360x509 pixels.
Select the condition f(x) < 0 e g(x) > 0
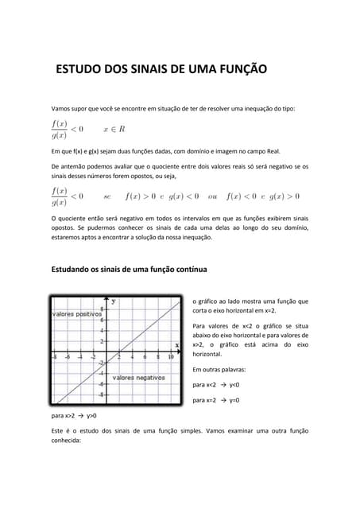tap(263, 196)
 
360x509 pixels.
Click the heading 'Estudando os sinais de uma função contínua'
tap(129, 270)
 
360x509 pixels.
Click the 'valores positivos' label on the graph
tap(77, 314)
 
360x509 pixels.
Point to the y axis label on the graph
tap(113, 301)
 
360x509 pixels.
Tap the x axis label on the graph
tap(176, 345)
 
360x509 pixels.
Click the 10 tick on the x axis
tap(170, 358)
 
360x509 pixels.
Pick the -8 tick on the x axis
tap(54, 358)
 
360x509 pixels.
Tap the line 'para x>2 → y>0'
tap(73, 415)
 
